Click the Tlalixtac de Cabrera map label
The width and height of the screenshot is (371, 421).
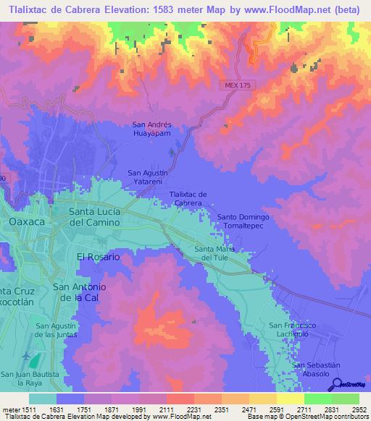188,198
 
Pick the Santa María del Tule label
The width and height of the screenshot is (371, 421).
214,253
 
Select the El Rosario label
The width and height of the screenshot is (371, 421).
98,257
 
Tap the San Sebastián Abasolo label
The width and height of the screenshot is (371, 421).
316,369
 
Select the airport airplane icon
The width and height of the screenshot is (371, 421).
28,358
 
